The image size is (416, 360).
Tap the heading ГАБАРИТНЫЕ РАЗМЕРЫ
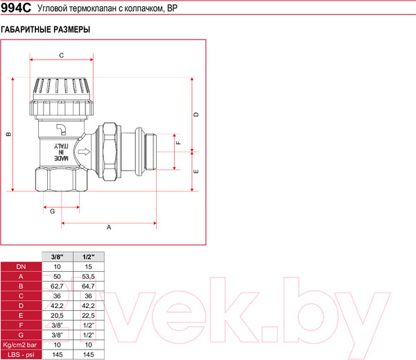pos(46,31)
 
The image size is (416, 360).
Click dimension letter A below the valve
pos(109,227)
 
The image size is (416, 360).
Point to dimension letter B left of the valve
pos(8,134)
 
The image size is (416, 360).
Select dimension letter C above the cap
pos(61,55)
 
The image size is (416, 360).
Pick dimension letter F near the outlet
pos(178,143)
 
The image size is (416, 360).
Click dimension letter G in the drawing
pos(51,211)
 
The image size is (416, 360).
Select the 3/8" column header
pos(57,257)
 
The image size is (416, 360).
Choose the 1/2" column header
pos(87,257)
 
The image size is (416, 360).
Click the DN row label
pos(21,266)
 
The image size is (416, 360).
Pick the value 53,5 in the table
pos(87,276)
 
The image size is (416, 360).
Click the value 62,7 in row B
pos(57,286)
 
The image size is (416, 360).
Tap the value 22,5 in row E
pos(87,315)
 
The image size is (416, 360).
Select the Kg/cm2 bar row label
pos(21,344)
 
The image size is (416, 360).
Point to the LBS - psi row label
pos(21,354)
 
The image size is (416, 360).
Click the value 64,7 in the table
pos(87,286)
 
